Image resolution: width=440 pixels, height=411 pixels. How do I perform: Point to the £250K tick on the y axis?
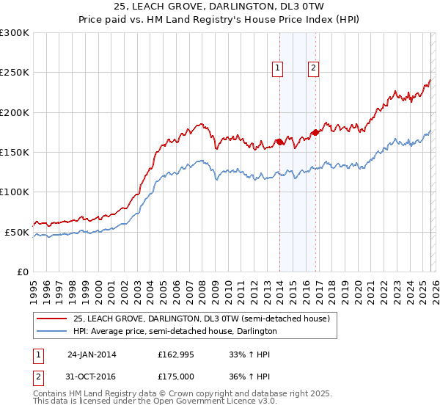click(x=15, y=73)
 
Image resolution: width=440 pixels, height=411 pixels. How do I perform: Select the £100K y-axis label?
click(x=15, y=192)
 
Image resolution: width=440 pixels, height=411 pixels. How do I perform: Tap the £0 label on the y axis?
click(x=22, y=272)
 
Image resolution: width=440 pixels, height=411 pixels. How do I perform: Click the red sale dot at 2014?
click(x=279, y=142)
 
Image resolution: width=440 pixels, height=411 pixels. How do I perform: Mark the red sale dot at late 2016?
click(x=315, y=132)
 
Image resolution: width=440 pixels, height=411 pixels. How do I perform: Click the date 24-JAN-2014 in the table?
click(x=92, y=354)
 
